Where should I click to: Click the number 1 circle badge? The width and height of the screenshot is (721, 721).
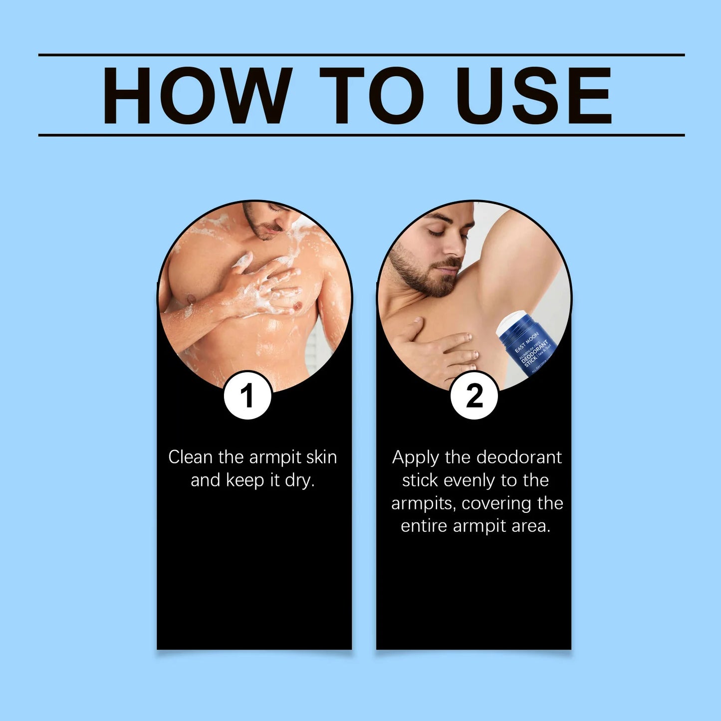pos(247,396)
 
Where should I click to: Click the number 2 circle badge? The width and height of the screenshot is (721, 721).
pos(474,396)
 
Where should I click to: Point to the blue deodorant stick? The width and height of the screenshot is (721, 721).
pos(529,347)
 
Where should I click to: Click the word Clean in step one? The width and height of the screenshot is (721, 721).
pos(190,457)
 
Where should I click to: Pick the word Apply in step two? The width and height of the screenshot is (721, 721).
pos(415,458)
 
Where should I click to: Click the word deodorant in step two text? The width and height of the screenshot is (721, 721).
pos(519,457)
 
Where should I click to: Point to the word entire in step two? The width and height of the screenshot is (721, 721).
pos(425,526)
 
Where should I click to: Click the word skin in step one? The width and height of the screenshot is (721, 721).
pos(321,457)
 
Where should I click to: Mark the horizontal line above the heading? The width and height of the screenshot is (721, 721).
pos(361,55)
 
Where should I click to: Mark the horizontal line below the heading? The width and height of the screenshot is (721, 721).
pos(361,135)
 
